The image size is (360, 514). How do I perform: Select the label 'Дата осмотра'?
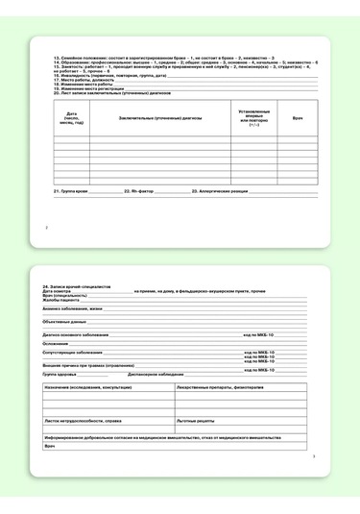click(59, 291)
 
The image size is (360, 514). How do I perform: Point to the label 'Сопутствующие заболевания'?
click(73, 352)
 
